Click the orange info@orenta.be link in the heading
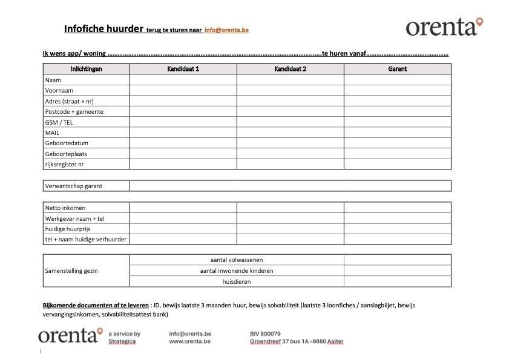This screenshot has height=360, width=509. point(226,30)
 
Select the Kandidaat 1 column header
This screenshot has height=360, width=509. point(183,69)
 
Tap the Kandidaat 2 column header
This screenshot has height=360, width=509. point(290,69)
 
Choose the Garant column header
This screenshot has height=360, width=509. point(397,69)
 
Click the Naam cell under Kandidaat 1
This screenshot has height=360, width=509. point(183,80)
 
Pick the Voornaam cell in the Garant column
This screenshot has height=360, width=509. point(397,90)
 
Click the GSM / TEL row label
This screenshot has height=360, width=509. point(59,122)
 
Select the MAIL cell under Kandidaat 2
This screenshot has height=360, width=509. point(290,133)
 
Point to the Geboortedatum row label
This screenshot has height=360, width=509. point(66,143)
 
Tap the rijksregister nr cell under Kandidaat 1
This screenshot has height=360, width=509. point(183,164)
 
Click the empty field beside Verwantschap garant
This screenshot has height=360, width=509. point(290,186)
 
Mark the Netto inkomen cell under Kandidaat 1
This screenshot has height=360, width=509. point(183,208)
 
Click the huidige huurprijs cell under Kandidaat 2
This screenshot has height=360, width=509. point(290,229)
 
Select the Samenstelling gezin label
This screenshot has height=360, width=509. point(71,270)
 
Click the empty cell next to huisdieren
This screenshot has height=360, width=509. point(397,281)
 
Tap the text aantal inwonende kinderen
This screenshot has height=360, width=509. point(237,270)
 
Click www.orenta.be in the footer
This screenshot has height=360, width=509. point(190,341)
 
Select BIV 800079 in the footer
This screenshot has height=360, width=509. point(265,333)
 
